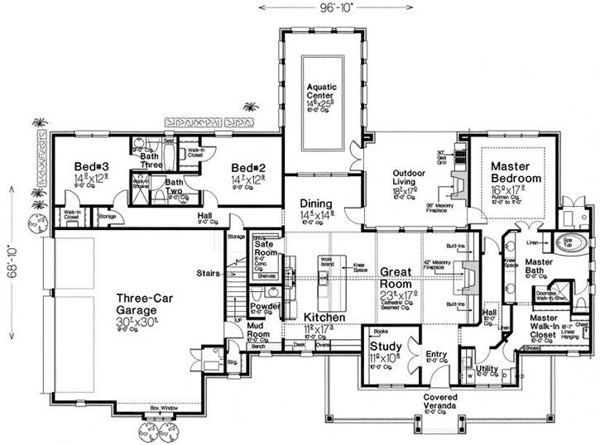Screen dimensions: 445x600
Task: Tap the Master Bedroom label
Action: click(515, 172)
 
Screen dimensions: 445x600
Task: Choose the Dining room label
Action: click(316, 203)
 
